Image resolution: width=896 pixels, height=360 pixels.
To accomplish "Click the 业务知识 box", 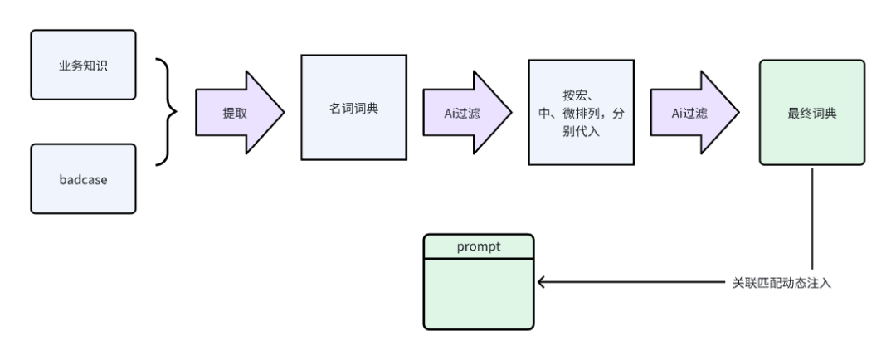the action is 84,65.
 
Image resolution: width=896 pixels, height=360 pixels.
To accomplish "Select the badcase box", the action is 84,179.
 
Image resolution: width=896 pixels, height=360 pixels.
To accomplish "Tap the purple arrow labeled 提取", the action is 240,113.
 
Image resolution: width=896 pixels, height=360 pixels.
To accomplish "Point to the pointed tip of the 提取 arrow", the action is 284,113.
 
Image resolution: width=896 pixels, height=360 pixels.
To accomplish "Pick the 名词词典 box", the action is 353,108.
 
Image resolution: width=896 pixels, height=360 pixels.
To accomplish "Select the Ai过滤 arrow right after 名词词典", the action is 467,113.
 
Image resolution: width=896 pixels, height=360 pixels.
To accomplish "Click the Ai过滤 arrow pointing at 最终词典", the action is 695,113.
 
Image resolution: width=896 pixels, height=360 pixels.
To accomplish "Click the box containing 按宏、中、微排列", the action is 581,113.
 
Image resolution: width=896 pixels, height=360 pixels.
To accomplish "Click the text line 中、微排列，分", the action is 581,113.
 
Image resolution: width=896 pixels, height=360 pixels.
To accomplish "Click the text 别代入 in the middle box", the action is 581,131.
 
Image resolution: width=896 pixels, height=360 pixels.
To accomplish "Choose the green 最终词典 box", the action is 812,113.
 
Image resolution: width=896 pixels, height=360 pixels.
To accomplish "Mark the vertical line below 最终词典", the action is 812,218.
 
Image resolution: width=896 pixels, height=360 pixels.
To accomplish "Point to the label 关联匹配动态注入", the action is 782,283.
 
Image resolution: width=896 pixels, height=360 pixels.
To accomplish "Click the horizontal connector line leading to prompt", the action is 631,282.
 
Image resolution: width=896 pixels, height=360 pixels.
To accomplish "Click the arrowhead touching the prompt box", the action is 541,282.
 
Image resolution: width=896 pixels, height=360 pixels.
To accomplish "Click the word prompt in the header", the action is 479,246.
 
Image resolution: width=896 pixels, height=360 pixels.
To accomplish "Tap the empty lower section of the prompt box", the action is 479,294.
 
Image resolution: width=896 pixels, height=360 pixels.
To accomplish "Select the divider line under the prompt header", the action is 479,259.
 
